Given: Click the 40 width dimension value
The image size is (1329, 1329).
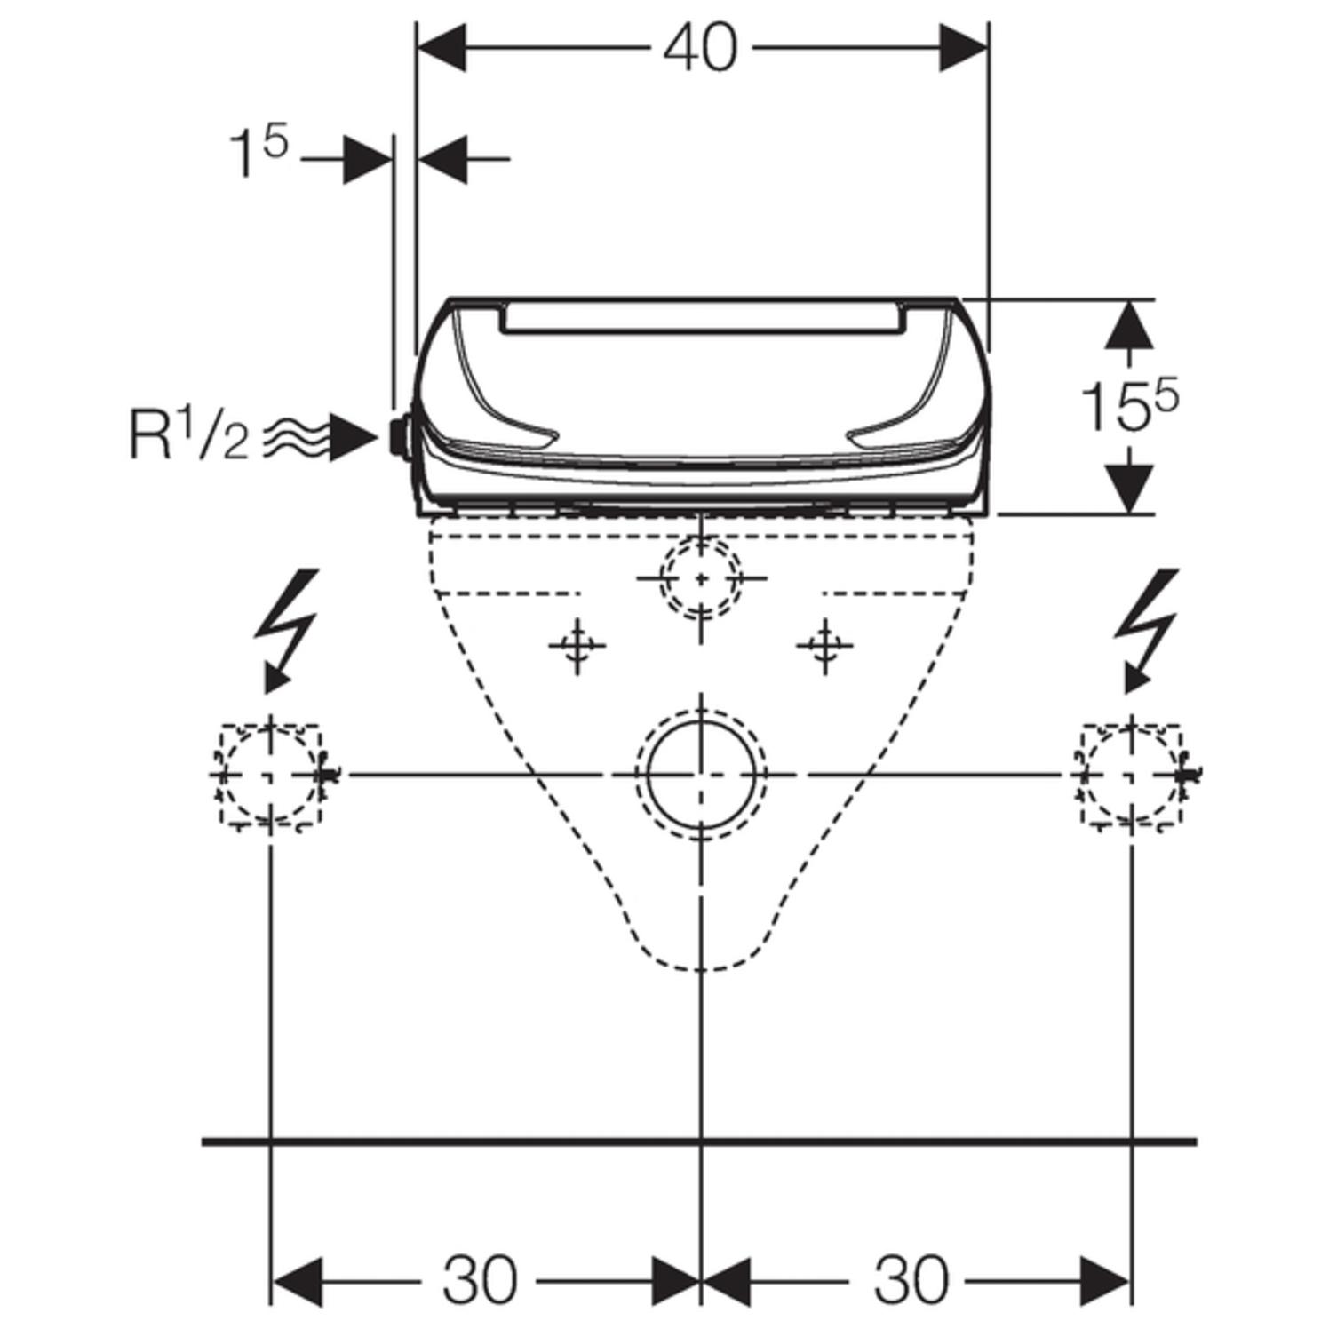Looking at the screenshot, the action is tap(700, 48).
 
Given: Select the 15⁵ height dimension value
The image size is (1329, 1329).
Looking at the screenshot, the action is tap(1129, 406).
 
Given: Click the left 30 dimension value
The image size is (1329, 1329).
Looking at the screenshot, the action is tap(479, 1280).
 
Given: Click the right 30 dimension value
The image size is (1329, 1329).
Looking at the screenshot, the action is tap(911, 1280).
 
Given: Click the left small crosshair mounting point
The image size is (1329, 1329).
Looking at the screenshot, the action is tap(578, 647).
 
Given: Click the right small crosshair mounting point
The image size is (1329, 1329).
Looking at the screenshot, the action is tap(825, 647).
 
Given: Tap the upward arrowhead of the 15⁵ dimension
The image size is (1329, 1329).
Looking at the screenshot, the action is tap(1129, 324).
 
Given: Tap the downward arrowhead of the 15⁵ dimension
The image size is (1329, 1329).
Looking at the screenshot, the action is tap(1129, 488).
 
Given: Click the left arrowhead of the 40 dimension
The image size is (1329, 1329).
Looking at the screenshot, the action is tap(442, 48).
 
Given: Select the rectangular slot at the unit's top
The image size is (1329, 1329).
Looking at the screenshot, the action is tap(703, 317).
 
